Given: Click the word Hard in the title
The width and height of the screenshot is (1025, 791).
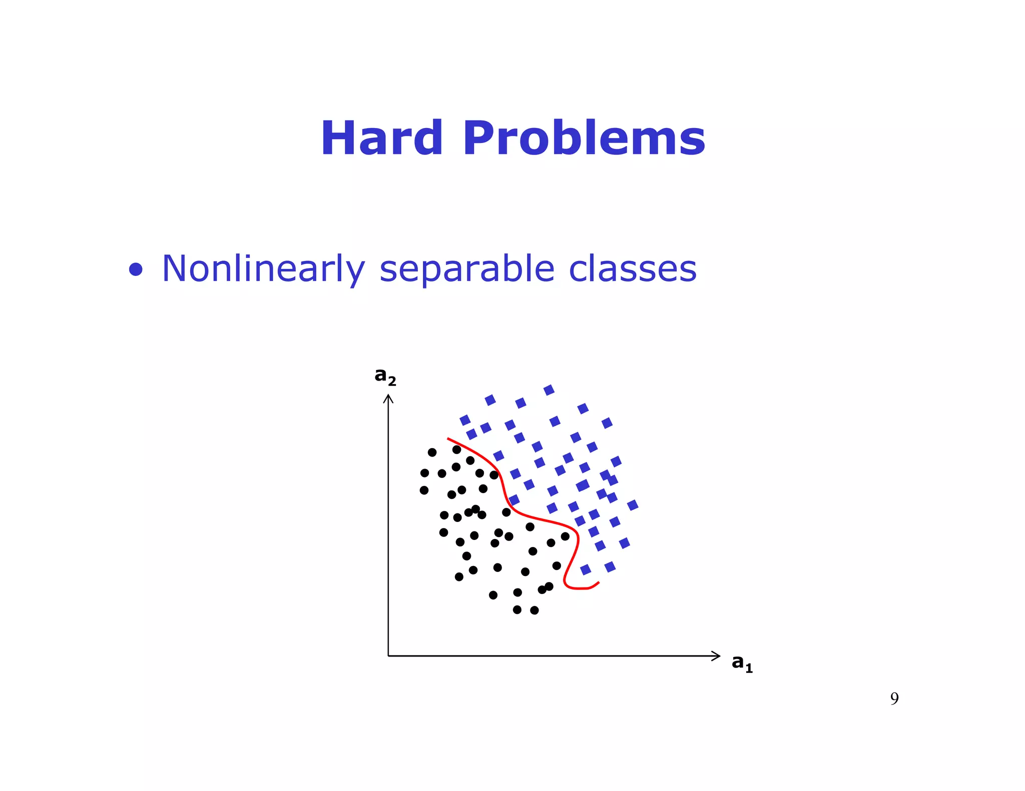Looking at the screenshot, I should [x=381, y=138].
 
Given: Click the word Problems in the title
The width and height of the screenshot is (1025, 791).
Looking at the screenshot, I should [x=584, y=138].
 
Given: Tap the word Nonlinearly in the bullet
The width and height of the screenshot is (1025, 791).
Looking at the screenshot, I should [x=263, y=269].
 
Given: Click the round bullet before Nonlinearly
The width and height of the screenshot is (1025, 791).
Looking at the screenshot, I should [x=136, y=270].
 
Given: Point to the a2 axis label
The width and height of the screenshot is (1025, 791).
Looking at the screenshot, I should [x=385, y=375].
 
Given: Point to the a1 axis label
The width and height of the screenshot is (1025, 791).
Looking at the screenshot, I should [x=742, y=662].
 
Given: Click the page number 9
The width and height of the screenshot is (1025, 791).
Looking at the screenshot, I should [x=894, y=698].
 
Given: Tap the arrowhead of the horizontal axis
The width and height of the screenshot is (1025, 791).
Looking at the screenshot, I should [x=717, y=656].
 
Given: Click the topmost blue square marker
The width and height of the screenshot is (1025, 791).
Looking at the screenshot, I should [x=549, y=390].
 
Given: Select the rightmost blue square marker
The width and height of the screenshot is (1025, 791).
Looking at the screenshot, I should [x=633, y=505].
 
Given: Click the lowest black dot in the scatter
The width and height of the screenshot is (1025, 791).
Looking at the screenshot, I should [x=534, y=610].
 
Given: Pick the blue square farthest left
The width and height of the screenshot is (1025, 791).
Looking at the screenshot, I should [x=465, y=420].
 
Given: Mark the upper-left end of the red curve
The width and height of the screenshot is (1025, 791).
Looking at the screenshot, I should [x=448, y=439].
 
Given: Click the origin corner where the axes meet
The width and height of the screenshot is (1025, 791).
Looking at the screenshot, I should [x=388, y=656].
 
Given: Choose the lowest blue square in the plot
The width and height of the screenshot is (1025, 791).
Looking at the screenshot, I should [x=586, y=570].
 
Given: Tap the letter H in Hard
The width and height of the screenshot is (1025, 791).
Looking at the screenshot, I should [x=340, y=138].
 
